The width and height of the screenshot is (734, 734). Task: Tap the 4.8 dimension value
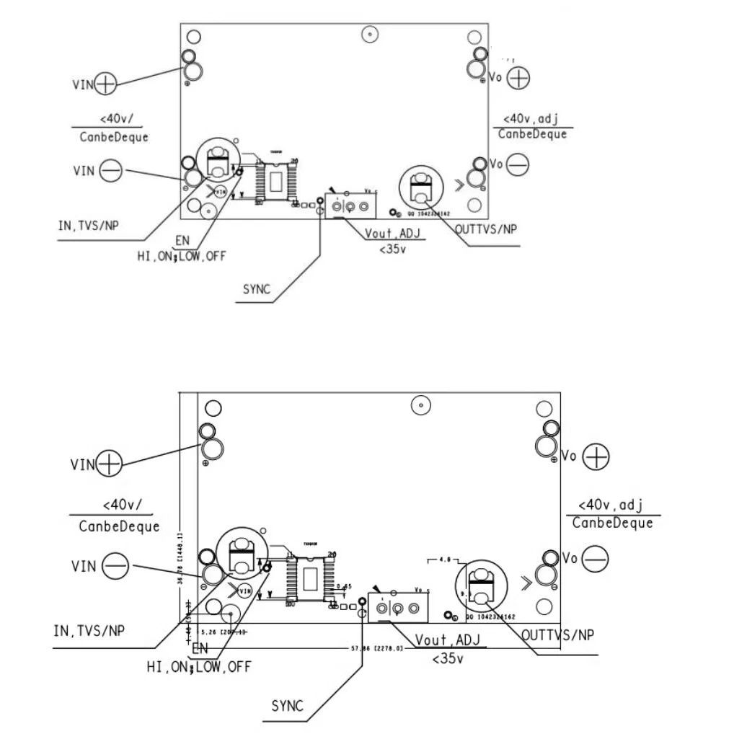(444, 559)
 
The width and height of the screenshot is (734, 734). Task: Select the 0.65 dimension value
(345, 587)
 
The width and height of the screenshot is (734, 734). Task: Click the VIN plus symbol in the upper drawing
(105, 84)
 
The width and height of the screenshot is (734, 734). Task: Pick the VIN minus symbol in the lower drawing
(115, 566)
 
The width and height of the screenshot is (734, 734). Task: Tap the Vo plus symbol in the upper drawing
(518, 77)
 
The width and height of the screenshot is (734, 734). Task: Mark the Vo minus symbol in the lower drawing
(595, 559)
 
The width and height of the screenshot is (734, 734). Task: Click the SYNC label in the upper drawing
(257, 289)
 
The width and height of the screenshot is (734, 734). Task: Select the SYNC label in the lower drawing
(287, 706)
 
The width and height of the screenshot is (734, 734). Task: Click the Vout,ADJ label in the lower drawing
(447, 640)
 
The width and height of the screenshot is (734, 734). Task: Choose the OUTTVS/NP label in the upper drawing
(486, 229)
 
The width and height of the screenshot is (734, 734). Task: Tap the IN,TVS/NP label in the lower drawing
(89, 630)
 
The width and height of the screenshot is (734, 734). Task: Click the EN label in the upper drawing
(182, 240)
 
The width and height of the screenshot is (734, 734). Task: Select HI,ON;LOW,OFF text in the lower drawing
(199, 667)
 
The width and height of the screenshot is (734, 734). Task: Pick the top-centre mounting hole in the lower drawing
(421, 405)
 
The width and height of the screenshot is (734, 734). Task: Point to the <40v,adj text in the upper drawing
(531, 118)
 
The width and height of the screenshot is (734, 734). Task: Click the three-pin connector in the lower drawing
(397, 608)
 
